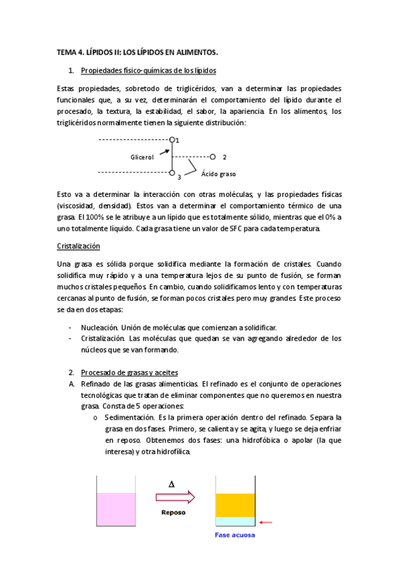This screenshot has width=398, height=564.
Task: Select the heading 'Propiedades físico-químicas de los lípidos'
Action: [148, 70]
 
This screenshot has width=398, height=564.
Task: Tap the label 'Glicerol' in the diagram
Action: [142, 158]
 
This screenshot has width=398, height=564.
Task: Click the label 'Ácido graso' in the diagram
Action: [219, 174]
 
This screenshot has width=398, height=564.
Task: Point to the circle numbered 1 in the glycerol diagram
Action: [172, 140]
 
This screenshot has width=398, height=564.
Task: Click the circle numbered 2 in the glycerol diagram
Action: [213, 158]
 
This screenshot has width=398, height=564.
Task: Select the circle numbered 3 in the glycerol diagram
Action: [172, 174]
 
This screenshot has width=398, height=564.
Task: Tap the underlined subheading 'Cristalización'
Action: [78, 247]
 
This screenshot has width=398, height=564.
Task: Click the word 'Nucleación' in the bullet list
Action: [99, 328]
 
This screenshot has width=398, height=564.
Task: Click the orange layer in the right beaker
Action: [236, 505]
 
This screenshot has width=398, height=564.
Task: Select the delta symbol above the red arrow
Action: [172, 484]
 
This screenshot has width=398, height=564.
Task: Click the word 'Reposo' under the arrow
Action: [174, 513]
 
